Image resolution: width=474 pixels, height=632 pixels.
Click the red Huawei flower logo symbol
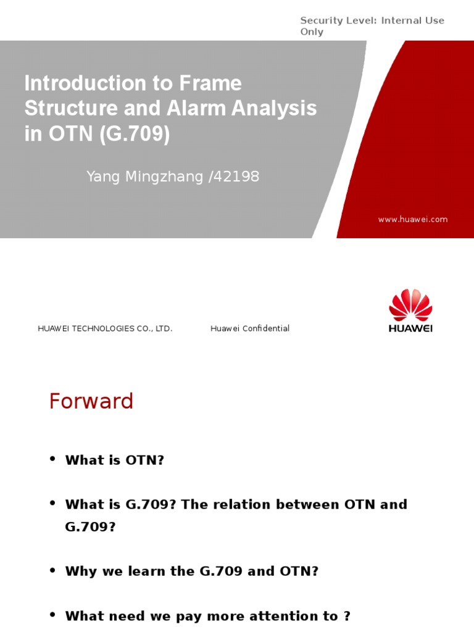410,304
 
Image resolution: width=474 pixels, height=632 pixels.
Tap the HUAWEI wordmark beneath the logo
410,328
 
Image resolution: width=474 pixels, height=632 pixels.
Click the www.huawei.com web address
413,219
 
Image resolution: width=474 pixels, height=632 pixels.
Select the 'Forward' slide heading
91,402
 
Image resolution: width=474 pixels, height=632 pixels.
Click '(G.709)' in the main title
133,134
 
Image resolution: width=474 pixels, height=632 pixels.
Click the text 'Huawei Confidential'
250,328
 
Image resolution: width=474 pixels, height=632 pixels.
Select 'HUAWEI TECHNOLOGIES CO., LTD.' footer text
105,328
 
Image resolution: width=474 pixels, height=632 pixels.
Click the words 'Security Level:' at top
338,20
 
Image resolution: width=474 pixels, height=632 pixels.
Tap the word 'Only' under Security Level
312,32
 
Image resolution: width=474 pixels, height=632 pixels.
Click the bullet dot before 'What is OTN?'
52,459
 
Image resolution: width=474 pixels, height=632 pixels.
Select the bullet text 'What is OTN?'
115,460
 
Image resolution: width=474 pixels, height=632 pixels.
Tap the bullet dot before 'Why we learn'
52,570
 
